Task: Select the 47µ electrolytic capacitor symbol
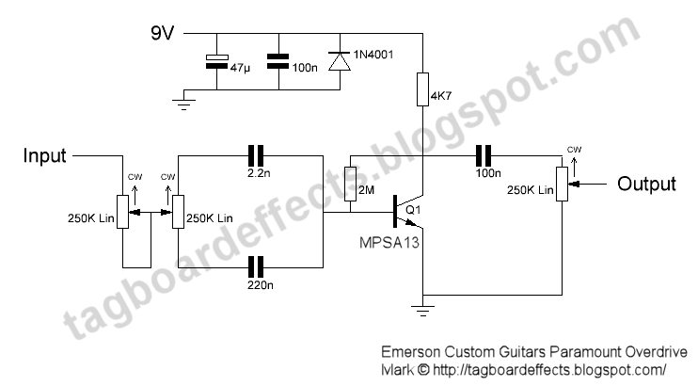pos(216,62)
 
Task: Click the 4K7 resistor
pos(424,91)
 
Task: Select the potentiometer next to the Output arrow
pos(562,183)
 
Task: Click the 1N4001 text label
pos(374,54)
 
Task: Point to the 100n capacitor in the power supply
pos(278,62)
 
